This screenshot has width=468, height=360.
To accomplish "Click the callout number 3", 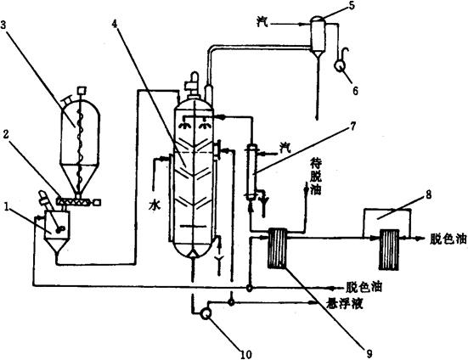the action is (x=3, y=25).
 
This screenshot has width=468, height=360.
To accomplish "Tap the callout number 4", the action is (x=115, y=23).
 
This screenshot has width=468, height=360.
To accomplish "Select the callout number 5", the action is (x=352, y=5).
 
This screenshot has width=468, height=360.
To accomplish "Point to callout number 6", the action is (x=355, y=90).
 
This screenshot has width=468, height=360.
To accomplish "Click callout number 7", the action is (x=353, y=127).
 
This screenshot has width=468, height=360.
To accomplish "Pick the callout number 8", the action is (x=429, y=194).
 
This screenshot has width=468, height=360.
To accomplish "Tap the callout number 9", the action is (x=369, y=354).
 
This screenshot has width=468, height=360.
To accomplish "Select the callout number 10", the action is (x=246, y=354).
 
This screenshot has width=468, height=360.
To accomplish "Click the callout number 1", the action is (x=6, y=206).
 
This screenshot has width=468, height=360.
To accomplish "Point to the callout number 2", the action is (x=6, y=135).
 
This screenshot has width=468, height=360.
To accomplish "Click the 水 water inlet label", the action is (x=155, y=205).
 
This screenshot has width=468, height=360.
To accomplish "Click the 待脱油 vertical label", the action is (x=315, y=177).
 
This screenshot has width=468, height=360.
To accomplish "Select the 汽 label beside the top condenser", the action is (x=262, y=21).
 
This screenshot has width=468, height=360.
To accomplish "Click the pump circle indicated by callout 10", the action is (x=206, y=314).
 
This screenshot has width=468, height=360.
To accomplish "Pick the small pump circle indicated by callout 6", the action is (x=339, y=66).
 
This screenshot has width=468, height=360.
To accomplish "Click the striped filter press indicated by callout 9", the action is (x=278, y=248).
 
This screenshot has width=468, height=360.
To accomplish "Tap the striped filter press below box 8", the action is (x=389, y=250).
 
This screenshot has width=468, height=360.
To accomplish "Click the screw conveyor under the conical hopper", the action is (x=78, y=201).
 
